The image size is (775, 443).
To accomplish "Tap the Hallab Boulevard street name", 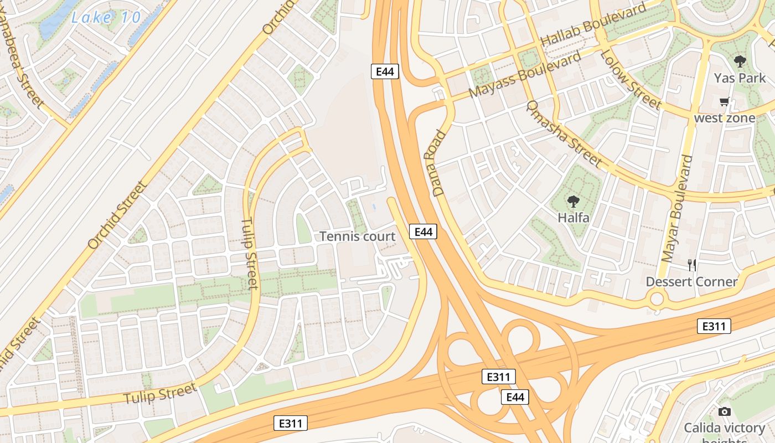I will click(593, 25).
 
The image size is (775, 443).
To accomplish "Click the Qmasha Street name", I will click(563, 133).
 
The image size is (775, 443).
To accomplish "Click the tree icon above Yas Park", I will click(740, 61).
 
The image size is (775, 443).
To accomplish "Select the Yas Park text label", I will click(740, 78).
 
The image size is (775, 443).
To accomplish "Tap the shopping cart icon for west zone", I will click(724, 102).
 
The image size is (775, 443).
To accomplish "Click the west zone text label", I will click(724, 118).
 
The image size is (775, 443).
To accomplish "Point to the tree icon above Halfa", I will click(573, 201).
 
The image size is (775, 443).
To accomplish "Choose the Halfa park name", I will click(573, 218).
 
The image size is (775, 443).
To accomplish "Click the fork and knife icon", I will click(691, 265).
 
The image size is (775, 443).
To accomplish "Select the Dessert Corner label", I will click(691, 281).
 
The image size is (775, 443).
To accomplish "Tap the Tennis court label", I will click(358, 236).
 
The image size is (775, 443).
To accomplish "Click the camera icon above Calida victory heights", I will click(724, 411).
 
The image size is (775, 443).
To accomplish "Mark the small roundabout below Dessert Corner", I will click(657, 300).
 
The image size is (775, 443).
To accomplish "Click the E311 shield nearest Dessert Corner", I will click(714, 326).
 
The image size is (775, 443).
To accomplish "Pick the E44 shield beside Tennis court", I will click(423, 231).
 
